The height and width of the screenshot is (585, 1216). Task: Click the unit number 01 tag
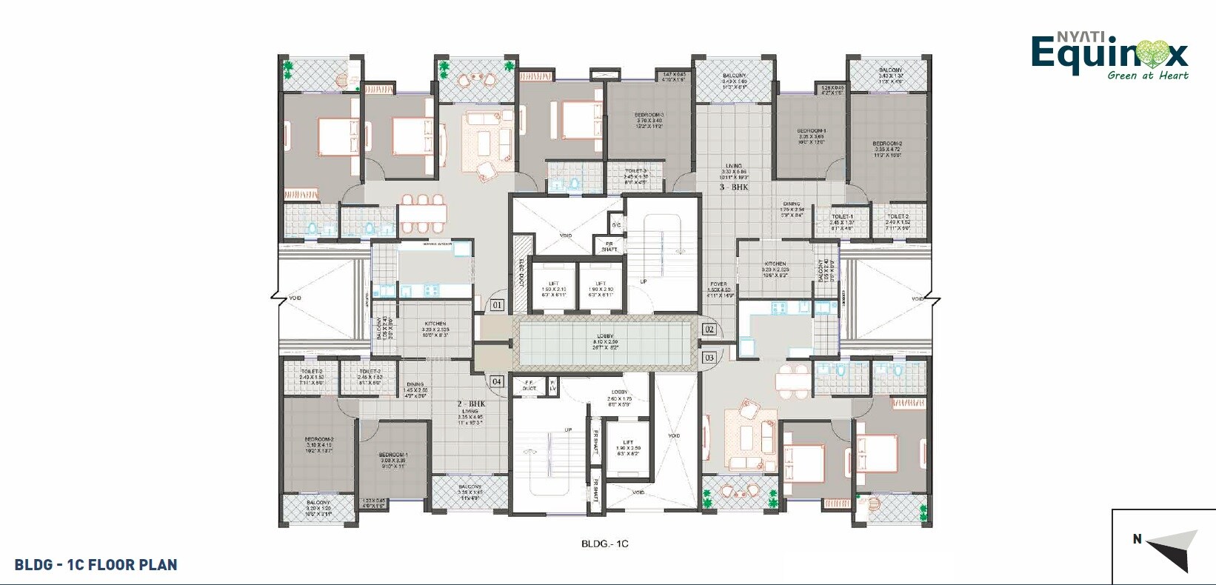(497, 304)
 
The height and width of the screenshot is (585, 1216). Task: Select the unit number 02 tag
(709, 330)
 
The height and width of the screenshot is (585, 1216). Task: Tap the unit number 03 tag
(709, 358)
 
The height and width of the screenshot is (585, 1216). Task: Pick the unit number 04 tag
(497, 381)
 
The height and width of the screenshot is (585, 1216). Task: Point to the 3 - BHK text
(734, 187)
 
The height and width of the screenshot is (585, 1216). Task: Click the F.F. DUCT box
(529, 385)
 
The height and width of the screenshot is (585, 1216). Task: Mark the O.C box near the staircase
(615, 224)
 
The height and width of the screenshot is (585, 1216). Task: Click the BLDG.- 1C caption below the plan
(604, 544)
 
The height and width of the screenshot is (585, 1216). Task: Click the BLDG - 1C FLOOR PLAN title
(96, 565)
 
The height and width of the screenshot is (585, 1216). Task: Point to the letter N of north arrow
(1137, 539)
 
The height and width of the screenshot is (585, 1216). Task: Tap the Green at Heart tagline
(1148, 76)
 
